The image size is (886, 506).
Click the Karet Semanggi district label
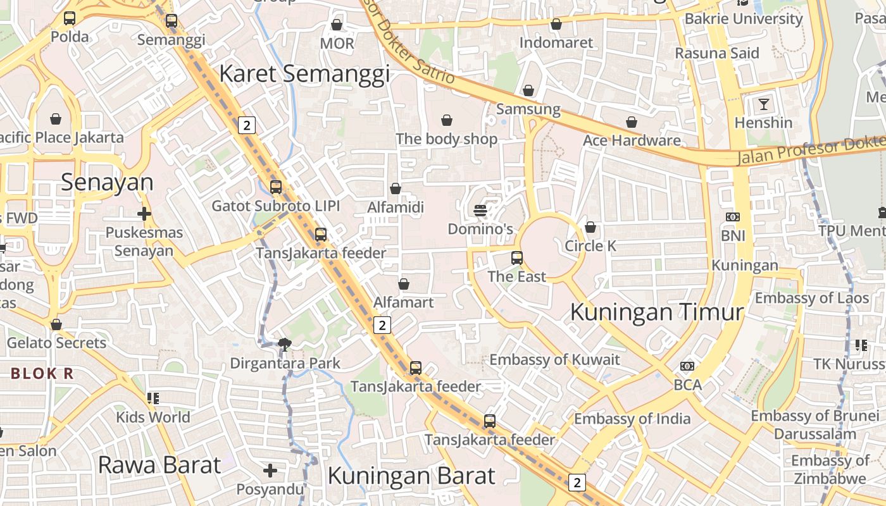coord(304,74)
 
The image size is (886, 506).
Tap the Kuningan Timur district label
coord(656,312)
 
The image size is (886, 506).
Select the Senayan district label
coord(107,182)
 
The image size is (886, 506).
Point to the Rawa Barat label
coord(159,465)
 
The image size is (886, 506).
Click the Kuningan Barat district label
coord(411,476)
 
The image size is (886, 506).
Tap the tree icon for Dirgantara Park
coord(285,345)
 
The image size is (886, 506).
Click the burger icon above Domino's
coord(480,210)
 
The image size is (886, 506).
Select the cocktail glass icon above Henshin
coord(764,104)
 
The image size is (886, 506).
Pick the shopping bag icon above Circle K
coord(590,226)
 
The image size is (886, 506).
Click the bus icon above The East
coord(517,257)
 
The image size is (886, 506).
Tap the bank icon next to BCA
coord(687,366)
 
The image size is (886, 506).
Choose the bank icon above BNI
coord(733,217)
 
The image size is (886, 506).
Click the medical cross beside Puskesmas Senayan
coord(144,214)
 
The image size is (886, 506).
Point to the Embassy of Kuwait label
coord(554,360)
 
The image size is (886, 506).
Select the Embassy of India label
coord(632,419)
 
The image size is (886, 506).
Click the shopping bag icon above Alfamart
coord(404,284)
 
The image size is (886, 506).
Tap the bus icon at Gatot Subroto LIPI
coord(276,187)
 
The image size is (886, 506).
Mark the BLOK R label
coord(42,374)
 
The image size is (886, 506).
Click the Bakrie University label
coord(744,19)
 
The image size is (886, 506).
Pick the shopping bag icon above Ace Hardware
coord(632,122)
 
